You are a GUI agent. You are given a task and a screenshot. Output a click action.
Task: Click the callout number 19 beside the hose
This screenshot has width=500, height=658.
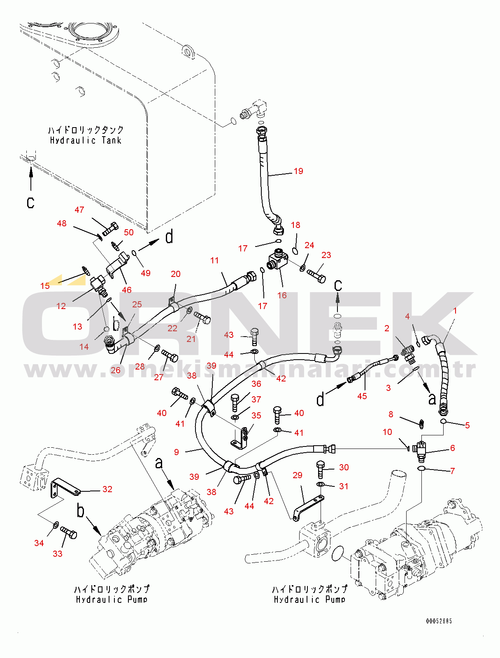click(298, 171)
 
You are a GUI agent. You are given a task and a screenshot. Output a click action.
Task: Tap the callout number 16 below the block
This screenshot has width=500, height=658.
click(282, 295)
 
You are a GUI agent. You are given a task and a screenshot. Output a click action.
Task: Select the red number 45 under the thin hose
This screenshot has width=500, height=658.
click(362, 396)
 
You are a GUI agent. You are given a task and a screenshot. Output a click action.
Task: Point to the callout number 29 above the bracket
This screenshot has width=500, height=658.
click(297, 475)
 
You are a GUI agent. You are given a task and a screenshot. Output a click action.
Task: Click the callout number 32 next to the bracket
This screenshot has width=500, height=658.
click(107, 489)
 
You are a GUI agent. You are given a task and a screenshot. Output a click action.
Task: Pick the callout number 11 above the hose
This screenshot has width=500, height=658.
click(214, 260)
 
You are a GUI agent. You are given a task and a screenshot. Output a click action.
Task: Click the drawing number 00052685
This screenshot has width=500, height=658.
click(439, 621)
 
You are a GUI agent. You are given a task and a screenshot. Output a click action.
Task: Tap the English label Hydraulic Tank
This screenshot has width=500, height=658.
click(86, 140)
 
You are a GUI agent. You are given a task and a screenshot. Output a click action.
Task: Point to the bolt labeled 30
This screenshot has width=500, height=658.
click(321, 468)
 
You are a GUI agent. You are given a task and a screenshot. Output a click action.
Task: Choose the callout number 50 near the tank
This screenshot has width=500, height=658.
click(129, 233)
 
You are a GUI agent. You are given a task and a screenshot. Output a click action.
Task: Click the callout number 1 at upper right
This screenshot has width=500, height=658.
click(455, 311)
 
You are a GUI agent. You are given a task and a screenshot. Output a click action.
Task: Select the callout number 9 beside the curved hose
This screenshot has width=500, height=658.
click(177, 452)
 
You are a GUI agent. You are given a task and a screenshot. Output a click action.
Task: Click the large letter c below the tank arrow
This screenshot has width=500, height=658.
click(31, 202)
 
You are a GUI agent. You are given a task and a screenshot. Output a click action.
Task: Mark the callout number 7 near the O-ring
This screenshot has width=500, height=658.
click(452, 471)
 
